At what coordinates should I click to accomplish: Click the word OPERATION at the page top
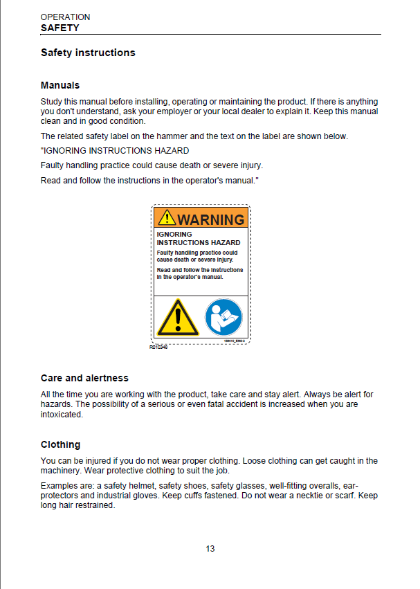point(65,17)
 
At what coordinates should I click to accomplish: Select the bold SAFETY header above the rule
point(60,28)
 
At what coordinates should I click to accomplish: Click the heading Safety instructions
point(88,53)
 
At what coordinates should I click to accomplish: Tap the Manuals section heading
point(60,85)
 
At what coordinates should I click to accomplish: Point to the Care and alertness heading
point(84,378)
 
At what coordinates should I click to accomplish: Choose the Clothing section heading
point(60,444)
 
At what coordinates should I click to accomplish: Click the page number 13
point(210,549)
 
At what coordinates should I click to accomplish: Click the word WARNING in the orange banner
point(211,219)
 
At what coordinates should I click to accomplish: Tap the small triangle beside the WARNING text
point(167,219)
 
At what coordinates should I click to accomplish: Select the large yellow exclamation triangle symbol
point(178,318)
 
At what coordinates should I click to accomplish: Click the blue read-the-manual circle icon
point(223,318)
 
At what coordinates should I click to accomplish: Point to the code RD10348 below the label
point(158,347)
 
